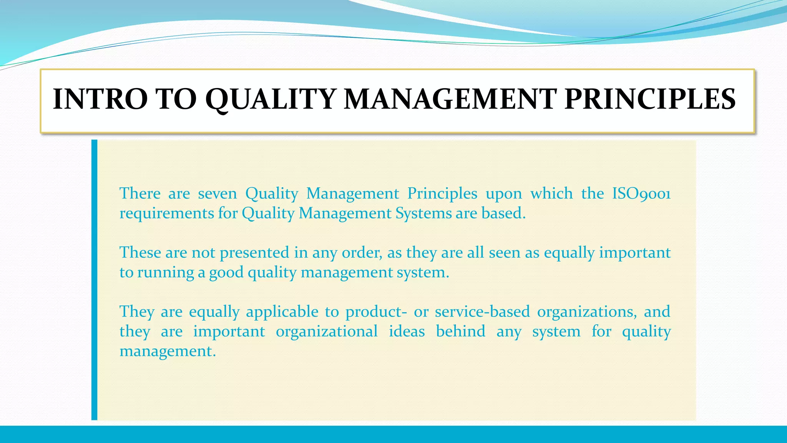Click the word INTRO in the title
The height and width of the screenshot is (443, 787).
pyautogui.click(x=100, y=99)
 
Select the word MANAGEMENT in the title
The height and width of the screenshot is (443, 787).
pyautogui.click(x=450, y=99)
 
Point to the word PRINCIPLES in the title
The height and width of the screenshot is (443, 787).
pyautogui.click(x=650, y=99)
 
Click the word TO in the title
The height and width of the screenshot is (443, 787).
pyautogui.click(x=176, y=99)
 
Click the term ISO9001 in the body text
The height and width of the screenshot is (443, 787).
pyautogui.click(x=641, y=193)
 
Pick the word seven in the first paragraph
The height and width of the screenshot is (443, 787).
pyautogui.click(x=218, y=193)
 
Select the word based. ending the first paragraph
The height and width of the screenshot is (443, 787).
pyautogui.click(x=503, y=213)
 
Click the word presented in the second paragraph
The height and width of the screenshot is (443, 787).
pyautogui.click(x=254, y=253)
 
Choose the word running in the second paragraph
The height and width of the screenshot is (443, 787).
pyautogui.click(x=166, y=273)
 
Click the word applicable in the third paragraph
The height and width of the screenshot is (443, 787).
pyautogui.click(x=282, y=312)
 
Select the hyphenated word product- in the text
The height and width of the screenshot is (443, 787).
pyautogui.click(x=376, y=312)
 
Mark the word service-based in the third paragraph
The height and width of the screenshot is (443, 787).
pyautogui.click(x=482, y=312)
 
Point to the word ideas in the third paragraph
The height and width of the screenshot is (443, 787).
pyautogui.click(x=407, y=331)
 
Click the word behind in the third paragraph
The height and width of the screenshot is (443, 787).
pyautogui.click(x=460, y=331)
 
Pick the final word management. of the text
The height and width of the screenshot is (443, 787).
pyautogui.click(x=168, y=351)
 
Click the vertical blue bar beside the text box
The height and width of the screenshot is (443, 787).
pyautogui.click(x=95, y=280)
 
